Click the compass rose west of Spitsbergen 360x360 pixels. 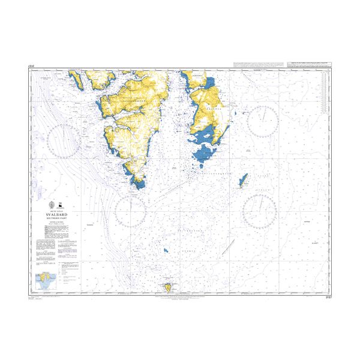[x=65, y=142]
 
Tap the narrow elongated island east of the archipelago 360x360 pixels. [x=242, y=181]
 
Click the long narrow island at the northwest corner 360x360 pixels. [x=78, y=77]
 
